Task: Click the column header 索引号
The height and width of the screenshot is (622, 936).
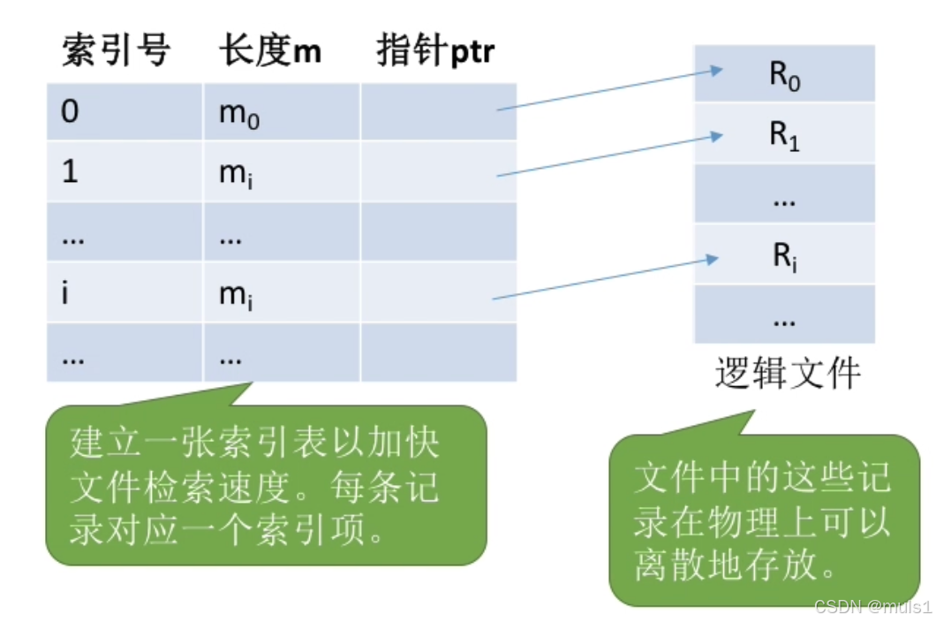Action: click(117, 50)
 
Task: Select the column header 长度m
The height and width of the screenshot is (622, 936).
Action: click(270, 50)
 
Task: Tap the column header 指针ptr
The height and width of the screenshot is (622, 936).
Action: click(435, 50)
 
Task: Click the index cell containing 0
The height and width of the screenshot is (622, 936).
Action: click(125, 111)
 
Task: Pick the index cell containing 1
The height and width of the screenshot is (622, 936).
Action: click(125, 171)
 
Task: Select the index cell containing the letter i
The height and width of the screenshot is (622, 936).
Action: click(125, 292)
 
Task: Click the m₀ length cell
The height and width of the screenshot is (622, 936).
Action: click(282, 111)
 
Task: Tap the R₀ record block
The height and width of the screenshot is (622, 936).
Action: click(784, 73)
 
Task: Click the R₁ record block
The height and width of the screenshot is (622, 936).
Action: click(784, 133)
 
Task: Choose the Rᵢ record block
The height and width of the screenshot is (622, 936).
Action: click(784, 254)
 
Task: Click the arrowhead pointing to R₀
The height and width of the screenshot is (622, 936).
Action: click(716, 71)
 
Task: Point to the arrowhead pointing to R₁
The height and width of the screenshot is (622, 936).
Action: click(716, 137)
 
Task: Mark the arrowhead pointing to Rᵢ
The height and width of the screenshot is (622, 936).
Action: click(712, 260)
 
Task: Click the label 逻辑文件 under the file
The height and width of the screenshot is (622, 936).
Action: click(788, 373)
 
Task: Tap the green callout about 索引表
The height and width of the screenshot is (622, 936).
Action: click(267, 485)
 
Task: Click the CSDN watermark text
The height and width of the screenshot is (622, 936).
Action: click(872, 607)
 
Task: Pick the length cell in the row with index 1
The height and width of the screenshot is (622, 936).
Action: click(282, 171)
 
